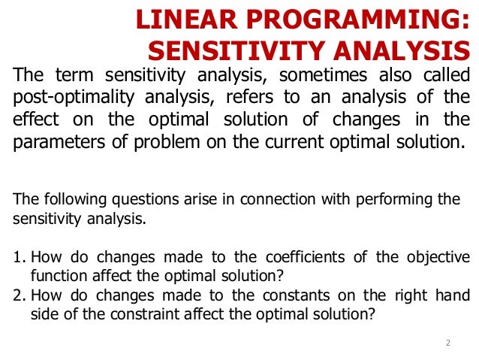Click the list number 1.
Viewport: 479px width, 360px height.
(18, 257)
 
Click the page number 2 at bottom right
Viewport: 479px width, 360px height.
(447, 343)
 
